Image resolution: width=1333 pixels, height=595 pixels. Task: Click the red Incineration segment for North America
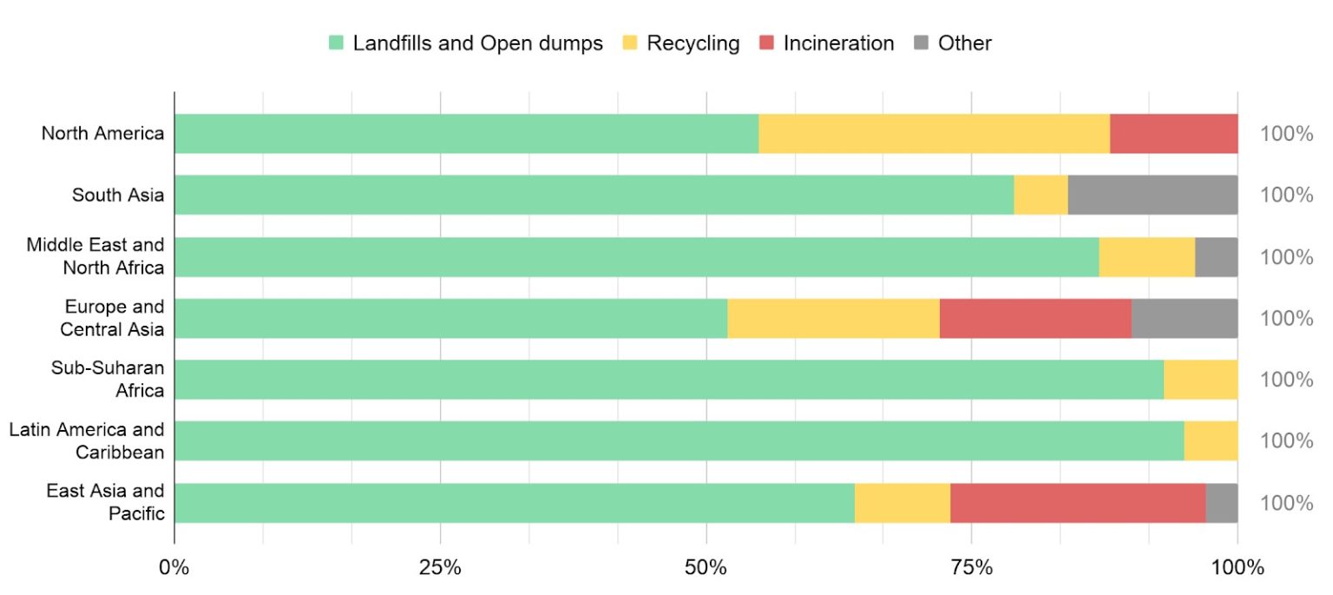tap(1173, 134)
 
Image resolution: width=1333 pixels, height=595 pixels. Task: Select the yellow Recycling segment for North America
tap(934, 134)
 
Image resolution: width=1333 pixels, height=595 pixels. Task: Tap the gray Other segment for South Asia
tap(1152, 195)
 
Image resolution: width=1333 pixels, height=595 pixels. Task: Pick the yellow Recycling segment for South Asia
tap(1041, 195)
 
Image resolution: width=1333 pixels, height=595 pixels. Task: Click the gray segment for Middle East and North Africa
tap(1216, 257)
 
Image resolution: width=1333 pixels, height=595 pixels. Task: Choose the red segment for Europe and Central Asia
tap(1035, 318)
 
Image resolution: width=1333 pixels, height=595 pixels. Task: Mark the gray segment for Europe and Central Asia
tap(1185, 318)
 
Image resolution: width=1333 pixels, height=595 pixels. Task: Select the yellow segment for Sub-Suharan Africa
tap(1200, 380)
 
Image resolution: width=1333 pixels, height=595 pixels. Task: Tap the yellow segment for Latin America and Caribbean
tap(1211, 441)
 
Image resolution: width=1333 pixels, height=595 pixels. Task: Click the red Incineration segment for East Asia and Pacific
tap(1078, 503)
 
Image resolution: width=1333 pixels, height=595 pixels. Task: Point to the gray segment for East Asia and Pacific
tap(1221, 503)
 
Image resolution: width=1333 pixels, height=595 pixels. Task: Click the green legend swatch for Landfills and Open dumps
tap(336, 43)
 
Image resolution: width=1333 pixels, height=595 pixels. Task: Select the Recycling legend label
tap(693, 43)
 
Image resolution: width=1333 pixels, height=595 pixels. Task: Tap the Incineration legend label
tap(838, 43)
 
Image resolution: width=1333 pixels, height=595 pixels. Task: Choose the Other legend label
tap(964, 43)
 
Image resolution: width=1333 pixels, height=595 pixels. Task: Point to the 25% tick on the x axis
tap(440, 569)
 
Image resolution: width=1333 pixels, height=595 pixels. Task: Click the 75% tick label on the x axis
tap(971, 569)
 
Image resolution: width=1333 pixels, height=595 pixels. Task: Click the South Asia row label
tap(118, 195)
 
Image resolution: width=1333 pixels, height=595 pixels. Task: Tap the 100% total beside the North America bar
tap(1286, 134)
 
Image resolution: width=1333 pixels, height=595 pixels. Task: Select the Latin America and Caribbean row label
tap(87, 441)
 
